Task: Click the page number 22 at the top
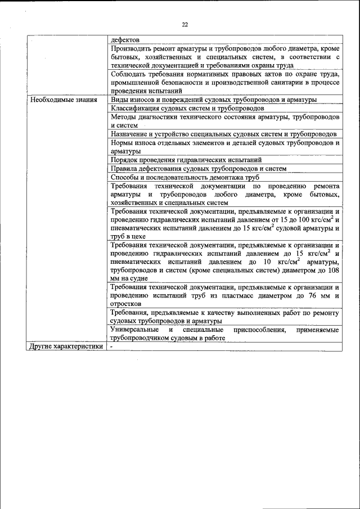pyautogui.click(x=184, y=24)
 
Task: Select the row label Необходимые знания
pyautogui.click(x=63, y=100)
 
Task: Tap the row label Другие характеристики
pyautogui.click(x=66, y=346)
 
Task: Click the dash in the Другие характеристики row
pyautogui.click(x=112, y=346)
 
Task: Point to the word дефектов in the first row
pyautogui.click(x=125, y=40)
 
